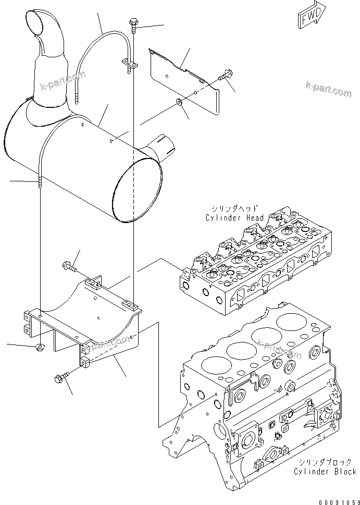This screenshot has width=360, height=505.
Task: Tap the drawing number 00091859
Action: point(333,498)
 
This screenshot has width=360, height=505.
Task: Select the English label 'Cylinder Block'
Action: point(325,471)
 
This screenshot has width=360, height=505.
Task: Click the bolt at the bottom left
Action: point(60,377)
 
